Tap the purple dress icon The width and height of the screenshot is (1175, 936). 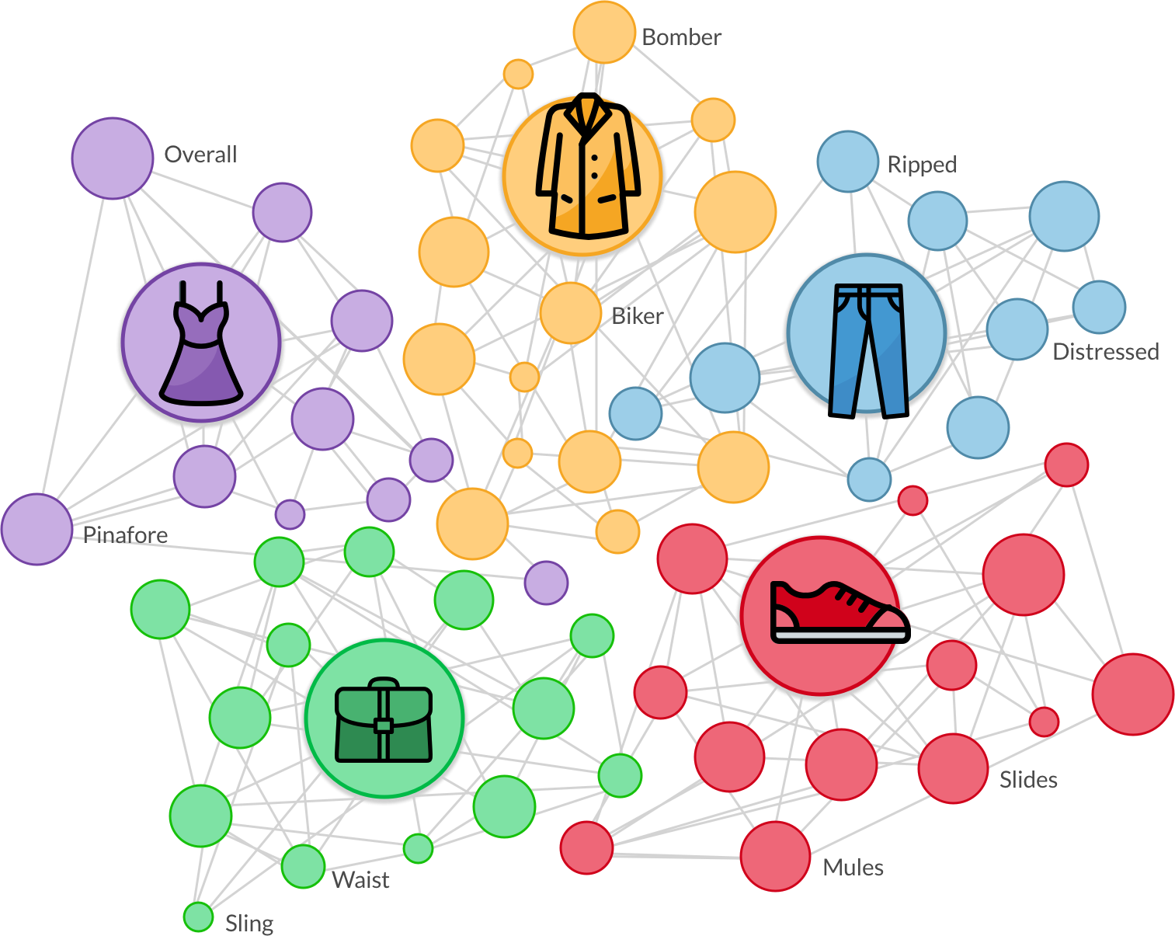pyautogui.click(x=201, y=343)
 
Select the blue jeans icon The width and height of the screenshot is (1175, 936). pyautogui.click(x=867, y=348)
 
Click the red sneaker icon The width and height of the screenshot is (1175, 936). pyautogui.click(x=838, y=614)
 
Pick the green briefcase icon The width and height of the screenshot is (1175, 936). pyautogui.click(x=384, y=719)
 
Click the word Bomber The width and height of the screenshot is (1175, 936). pyautogui.click(x=682, y=37)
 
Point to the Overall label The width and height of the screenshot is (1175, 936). pyautogui.click(x=200, y=155)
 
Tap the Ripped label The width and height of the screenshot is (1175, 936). pyautogui.click(x=922, y=165)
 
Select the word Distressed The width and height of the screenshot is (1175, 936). pyautogui.click(x=1105, y=352)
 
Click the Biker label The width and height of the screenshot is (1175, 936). pyautogui.click(x=638, y=316)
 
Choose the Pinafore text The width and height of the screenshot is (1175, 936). pyautogui.click(x=126, y=534)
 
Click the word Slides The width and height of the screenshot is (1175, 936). pyautogui.click(x=1028, y=780)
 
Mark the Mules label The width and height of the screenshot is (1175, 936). pyautogui.click(x=853, y=868)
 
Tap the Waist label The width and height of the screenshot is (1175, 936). pyautogui.click(x=360, y=880)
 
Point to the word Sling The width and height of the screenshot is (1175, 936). pyautogui.click(x=249, y=924)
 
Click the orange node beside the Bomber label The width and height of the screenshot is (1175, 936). pyautogui.click(x=604, y=33)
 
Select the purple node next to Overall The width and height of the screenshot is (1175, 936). pyautogui.click(x=113, y=158)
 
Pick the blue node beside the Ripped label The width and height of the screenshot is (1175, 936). pyautogui.click(x=848, y=162)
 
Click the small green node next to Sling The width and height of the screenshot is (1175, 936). pyautogui.click(x=199, y=917)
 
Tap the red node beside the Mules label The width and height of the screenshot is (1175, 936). pyautogui.click(x=775, y=856)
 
